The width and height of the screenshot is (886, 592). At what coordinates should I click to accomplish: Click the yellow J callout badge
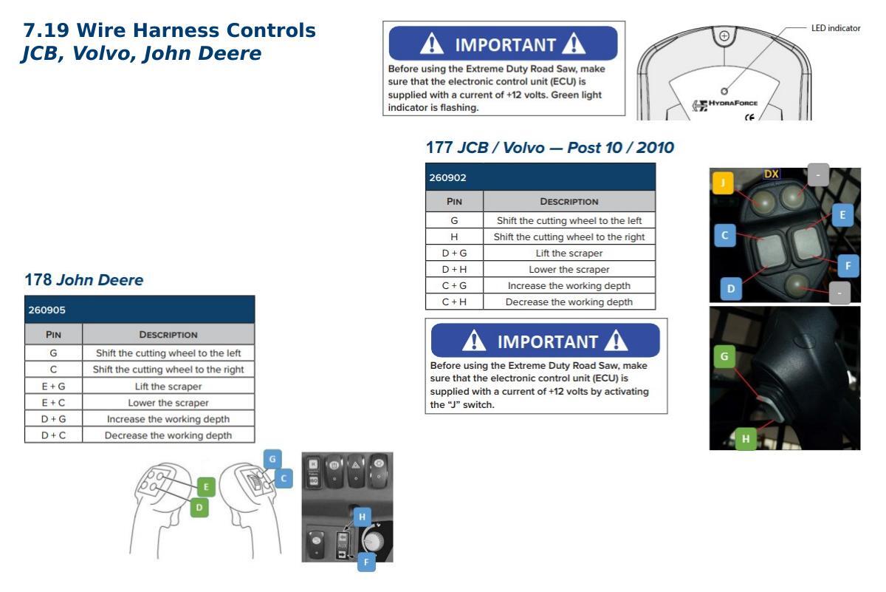pos(723,183)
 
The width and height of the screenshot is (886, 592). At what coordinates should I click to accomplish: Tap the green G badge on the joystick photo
pos(724,356)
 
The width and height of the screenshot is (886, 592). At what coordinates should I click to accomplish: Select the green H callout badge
pos(746,439)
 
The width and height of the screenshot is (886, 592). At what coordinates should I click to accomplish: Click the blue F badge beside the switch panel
pos(366,562)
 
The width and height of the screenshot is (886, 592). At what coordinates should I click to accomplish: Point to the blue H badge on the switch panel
pos(362,517)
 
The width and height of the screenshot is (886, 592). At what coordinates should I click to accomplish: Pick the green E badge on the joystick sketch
pos(206,487)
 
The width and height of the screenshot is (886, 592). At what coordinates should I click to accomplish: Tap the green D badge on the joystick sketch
pos(199,508)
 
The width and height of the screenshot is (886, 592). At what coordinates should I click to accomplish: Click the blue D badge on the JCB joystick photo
pos(731,289)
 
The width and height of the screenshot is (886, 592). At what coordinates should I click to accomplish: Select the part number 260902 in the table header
pos(447,177)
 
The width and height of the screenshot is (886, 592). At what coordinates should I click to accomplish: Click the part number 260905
pos(47,310)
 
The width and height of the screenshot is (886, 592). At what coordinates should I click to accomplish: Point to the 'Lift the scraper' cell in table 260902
pos(569,253)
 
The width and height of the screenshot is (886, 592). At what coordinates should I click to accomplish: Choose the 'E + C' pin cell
pos(53,403)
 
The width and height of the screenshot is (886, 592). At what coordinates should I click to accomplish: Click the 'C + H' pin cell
pos(454,302)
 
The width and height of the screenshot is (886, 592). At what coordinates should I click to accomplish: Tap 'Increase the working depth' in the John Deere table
pos(168,419)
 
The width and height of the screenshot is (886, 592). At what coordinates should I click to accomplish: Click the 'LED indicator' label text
pos(836,28)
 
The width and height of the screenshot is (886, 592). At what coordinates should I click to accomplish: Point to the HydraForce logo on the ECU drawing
pos(724,104)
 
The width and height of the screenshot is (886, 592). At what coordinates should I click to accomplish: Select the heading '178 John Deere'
pos(84,279)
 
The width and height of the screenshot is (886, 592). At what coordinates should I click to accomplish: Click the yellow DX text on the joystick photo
pos(772,174)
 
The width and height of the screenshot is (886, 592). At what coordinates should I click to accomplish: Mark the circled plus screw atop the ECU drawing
pos(724,36)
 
